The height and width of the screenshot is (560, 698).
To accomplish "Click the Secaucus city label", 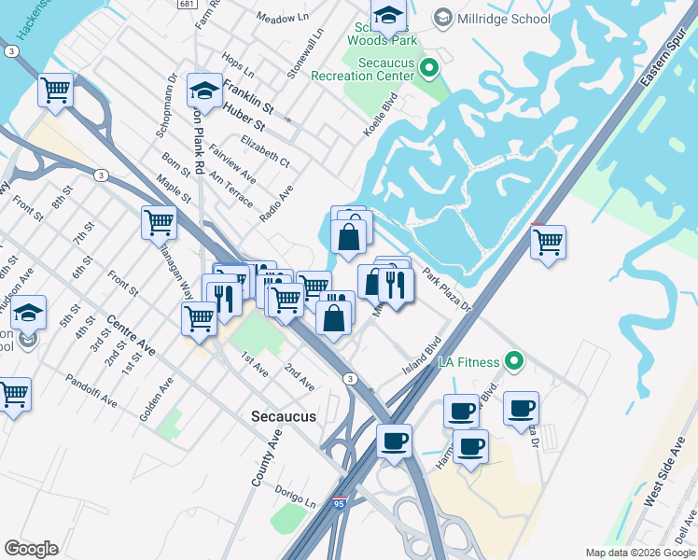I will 284,416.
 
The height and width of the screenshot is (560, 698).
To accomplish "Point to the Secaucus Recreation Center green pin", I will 428,67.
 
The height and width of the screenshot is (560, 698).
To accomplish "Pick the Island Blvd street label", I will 421,357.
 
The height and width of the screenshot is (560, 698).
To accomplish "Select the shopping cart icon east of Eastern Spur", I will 548,242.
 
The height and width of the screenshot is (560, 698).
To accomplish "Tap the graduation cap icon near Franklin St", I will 204,91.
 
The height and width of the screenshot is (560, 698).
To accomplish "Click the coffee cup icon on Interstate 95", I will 394,441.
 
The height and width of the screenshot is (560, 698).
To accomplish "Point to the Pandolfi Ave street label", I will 91,390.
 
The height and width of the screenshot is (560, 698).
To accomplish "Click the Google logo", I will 31,549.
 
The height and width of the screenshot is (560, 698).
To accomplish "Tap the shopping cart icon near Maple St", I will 160,223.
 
